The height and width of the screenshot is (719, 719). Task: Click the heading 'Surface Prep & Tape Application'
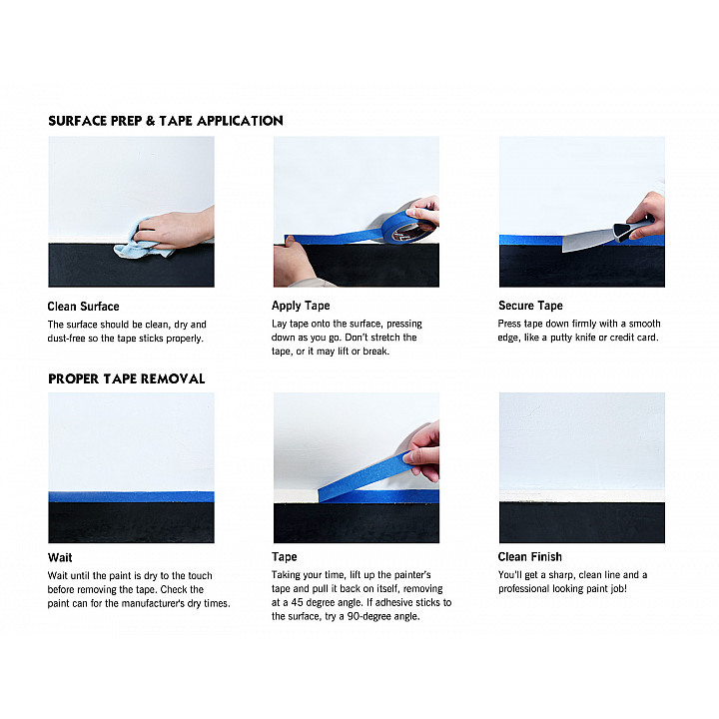tap(166, 121)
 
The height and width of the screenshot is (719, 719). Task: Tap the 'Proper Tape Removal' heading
tap(127, 378)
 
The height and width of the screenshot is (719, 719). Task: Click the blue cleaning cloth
tap(139, 243)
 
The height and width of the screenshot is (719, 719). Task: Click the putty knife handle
tap(632, 228)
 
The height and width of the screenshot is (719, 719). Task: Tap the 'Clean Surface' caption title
tap(84, 307)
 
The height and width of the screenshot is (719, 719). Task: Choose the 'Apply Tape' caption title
tap(301, 306)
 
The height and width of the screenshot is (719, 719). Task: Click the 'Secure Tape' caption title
tap(530, 306)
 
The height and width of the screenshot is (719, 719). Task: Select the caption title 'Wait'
tap(60, 557)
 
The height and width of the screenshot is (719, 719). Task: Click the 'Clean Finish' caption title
tap(530, 556)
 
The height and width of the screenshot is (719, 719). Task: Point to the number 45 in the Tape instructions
tap(298, 602)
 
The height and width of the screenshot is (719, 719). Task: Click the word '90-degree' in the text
tap(369, 617)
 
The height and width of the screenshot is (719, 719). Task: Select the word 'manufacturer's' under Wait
tap(154, 603)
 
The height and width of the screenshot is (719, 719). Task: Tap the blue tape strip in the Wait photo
tap(131, 496)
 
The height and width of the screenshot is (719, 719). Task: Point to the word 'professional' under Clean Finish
tap(524, 589)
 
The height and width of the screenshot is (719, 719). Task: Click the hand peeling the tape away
tap(421, 451)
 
